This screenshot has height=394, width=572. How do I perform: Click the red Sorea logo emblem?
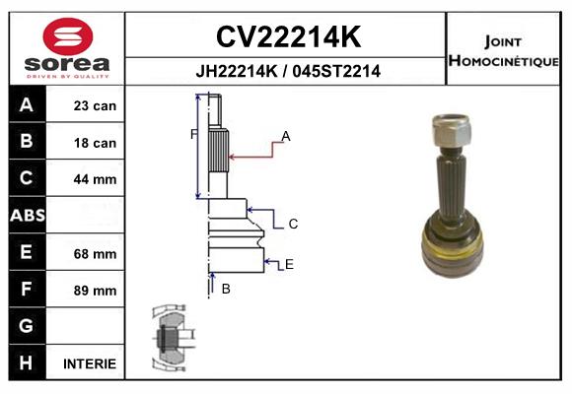coord(68,36)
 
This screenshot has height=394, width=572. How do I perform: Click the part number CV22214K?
coord(289,36)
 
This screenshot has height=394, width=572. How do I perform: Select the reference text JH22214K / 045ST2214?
coord(288,71)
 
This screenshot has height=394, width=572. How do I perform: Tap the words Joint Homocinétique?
coord(503,51)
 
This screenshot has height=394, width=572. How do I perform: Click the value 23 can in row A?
coord(95,105)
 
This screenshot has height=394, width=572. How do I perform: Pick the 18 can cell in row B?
coord(95,143)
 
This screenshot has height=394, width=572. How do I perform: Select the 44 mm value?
coord(95,179)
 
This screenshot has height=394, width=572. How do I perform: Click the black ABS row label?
coord(28,215)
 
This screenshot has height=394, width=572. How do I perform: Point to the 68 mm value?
coord(95,254)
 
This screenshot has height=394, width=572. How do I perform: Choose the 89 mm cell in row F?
coord(95,291)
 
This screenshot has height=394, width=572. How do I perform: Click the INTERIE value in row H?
coord(90,363)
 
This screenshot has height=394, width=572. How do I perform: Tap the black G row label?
coord(28,325)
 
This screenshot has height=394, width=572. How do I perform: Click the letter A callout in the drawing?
coord(286,136)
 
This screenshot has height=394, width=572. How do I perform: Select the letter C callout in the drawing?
coord(293,224)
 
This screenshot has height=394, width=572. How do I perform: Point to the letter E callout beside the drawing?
coord(289,264)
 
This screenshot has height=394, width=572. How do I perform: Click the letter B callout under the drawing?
coord(226,289)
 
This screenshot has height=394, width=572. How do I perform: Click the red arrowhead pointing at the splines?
coord(232,157)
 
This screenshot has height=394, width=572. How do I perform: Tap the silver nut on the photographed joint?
coord(451,130)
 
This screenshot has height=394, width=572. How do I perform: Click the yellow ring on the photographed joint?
coord(453,248)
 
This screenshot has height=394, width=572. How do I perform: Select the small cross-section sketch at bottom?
coord(174,338)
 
